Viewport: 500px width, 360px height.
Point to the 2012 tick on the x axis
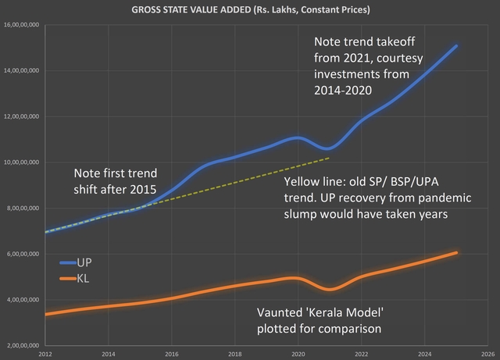pyautogui.click(x=46, y=352)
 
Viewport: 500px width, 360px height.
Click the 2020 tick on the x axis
pyautogui.click(x=297, y=352)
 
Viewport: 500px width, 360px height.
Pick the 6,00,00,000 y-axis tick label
pyautogui.click(x=25, y=254)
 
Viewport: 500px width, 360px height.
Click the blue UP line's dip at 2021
pyautogui.click(x=329, y=148)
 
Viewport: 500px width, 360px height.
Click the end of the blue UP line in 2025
pyautogui.click(x=456, y=46)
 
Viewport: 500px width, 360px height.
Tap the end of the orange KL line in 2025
pyautogui.click(x=456, y=252)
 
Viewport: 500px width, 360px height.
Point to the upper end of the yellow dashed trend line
pyautogui.click(x=329, y=158)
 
